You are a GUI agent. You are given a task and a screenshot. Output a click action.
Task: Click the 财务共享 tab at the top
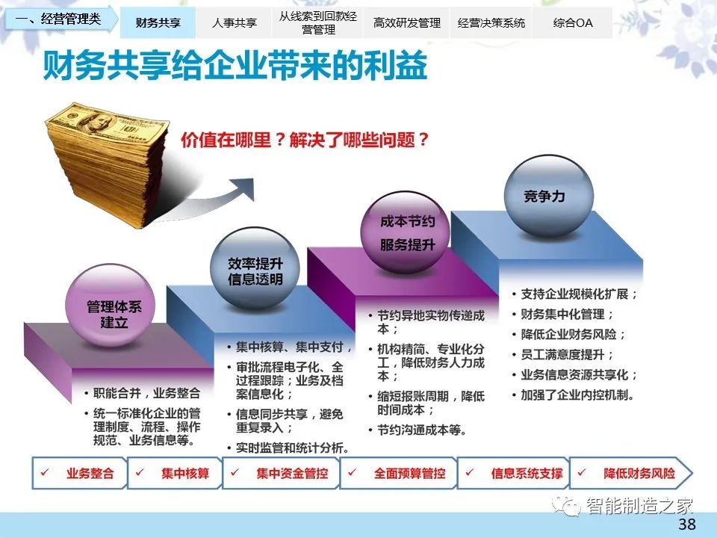(x=158, y=22)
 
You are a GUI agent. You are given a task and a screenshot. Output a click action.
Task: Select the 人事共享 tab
(x=234, y=22)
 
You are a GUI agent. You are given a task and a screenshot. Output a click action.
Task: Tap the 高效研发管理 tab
(x=406, y=22)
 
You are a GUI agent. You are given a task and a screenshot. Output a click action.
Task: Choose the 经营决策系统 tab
(x=491, y=22)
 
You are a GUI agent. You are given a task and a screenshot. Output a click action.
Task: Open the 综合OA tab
(x=573, y=22)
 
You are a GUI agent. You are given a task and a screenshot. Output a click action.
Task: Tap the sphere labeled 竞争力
(x=548, y=196)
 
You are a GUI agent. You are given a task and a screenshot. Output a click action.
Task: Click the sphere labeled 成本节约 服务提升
(x=406, y=232)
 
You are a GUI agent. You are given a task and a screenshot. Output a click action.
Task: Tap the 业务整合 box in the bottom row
(x=80, y=473)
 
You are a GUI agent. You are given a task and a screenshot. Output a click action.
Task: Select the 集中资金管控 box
(x=281, y=473)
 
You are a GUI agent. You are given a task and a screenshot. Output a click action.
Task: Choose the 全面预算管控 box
(x=398, y=473)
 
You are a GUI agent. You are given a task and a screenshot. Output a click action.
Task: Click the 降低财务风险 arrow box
(x=632, y=473)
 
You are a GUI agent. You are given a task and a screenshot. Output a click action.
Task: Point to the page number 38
(x=687, y=524)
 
